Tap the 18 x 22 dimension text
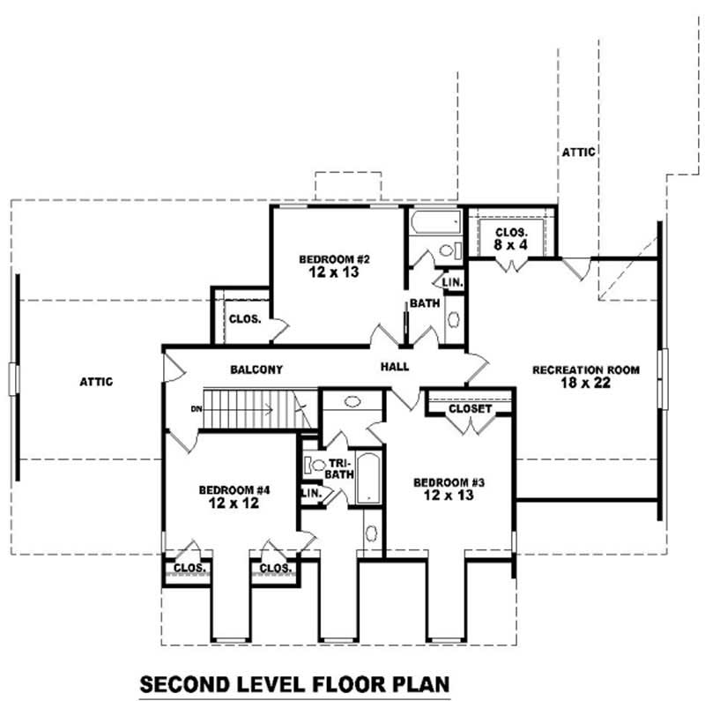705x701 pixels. point(585,383)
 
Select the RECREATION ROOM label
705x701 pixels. point(585,369)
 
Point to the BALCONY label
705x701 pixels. point(256,369)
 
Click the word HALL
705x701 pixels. point(395,366)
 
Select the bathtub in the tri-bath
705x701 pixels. point(367,478)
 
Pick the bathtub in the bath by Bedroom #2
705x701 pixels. point(434,220)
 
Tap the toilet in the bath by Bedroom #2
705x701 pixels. point(447,250)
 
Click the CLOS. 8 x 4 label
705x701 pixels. point(510,237)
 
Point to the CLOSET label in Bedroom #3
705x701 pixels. point(470,409)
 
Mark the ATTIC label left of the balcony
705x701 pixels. point(97,382)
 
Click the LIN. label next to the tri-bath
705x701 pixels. point(311,494)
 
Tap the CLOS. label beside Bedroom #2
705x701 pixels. point(245,319)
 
